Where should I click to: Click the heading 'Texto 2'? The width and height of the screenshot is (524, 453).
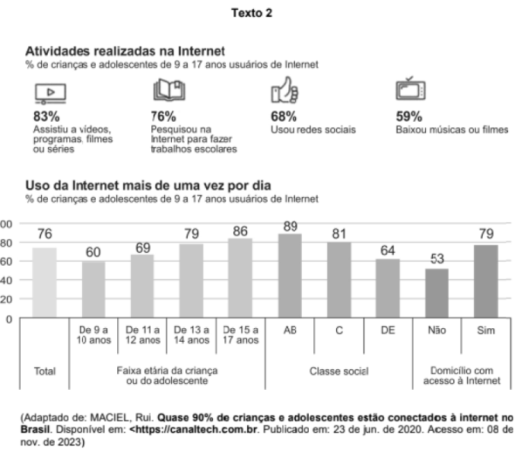pyautogui.click(x=261, y=12)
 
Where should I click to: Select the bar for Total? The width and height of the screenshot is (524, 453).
pyautogui.click(x=44, y=282)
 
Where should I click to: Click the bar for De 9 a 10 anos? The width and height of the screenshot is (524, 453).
pyautogui.click(x=94, y=289)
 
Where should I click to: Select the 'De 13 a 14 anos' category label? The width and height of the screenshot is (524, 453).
pyautogui.click(x=192, y=335)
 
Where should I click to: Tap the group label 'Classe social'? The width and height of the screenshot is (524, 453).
pyautogui.click(x=338, y=372)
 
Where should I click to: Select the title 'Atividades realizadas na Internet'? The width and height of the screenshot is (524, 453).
pyautogui.click(x=125, y=50)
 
